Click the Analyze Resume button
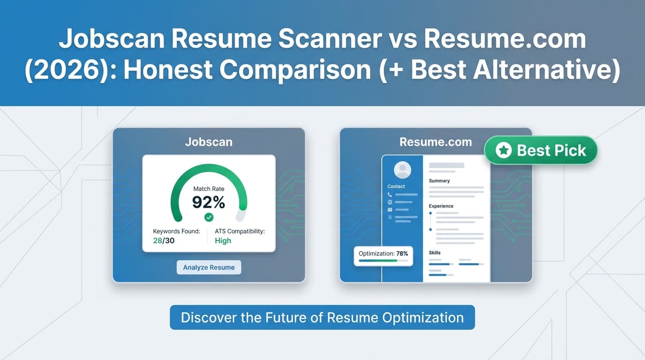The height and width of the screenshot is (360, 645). [x=209, y=268]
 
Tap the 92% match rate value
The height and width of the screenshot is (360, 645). [x=209, y=202]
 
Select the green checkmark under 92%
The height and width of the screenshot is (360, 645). [x=209, y=217]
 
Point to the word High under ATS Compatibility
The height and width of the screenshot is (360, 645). [x=223, y=240]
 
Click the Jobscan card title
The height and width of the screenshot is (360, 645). [x=209, y=142]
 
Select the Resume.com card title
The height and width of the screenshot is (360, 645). [x=435, y=142]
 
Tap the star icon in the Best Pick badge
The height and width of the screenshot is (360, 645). [x=503, y=150]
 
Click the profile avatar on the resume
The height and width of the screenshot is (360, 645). [x=402, y=170]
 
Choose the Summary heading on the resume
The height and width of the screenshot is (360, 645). [x=439, y=180]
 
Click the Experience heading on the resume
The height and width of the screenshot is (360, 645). [x=441, y=206]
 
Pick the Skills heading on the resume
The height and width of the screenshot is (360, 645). [x=435, y=253]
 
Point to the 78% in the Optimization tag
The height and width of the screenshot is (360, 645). [x=402, y=254]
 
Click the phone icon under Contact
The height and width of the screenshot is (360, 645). [x=390, y=194]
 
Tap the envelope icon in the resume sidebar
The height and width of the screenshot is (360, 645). [x=390, y=210]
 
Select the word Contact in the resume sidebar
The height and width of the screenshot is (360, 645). [x=396, y=186]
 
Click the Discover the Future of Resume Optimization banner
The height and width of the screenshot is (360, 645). [x=322, y=317]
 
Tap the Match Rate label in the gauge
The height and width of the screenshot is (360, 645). [x=209, y=189]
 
